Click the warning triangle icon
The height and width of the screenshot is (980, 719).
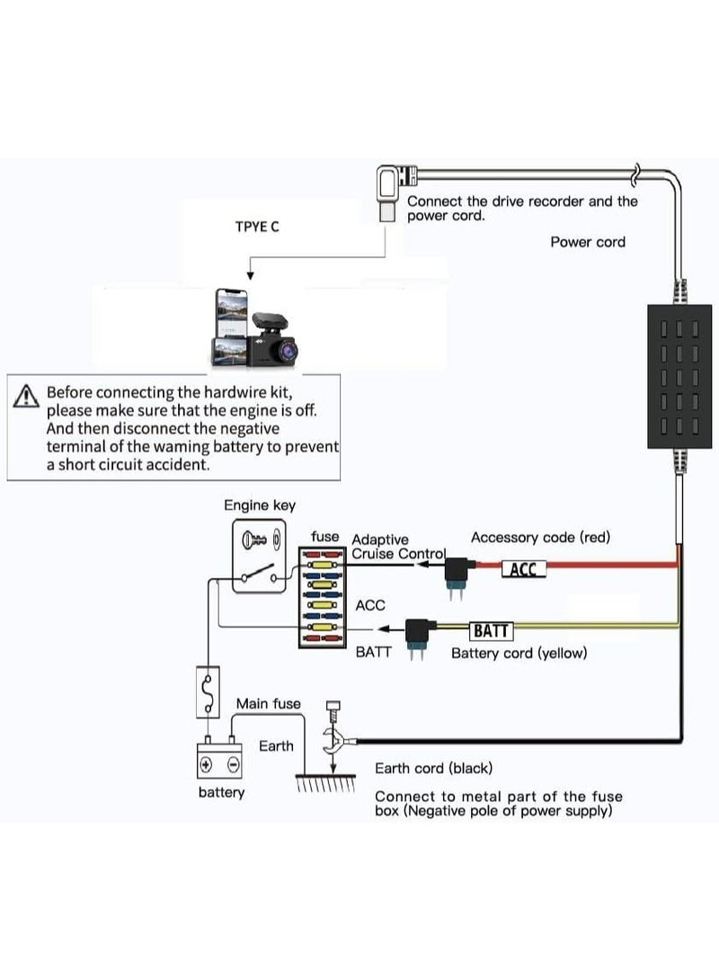(x=25, y=396)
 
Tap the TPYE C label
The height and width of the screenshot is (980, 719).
(x=257, y=227)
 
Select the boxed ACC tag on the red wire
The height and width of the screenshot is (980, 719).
(x=524, y=569)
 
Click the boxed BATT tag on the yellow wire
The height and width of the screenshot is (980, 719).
(x=491, y=630)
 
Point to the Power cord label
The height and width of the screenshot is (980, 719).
(x=588, y=242)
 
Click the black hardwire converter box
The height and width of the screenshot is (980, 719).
(x=679, y=376)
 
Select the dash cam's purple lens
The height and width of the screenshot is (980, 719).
(x=287, y=350)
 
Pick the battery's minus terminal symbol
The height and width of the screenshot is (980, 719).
(x=233, y=763)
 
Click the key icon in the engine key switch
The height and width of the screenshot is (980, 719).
(x=254, y=539)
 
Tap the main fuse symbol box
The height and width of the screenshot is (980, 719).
(x=208, y=692)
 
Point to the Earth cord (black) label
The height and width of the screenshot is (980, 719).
(x=433, y=768)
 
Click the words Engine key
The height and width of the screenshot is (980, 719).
(x=260, y=505)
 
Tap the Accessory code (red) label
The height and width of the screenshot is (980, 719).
(x=540, y=538)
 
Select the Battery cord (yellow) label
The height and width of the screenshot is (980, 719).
(x=519, y=653)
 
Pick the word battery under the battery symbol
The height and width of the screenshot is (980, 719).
(x=221, y=792)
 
